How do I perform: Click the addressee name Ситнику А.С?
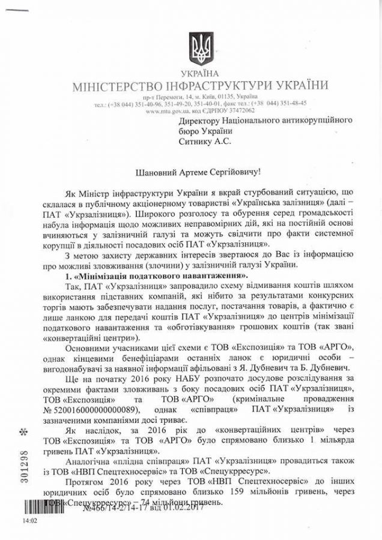click(x=204, y=142)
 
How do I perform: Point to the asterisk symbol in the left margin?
click(x=23, y=432)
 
